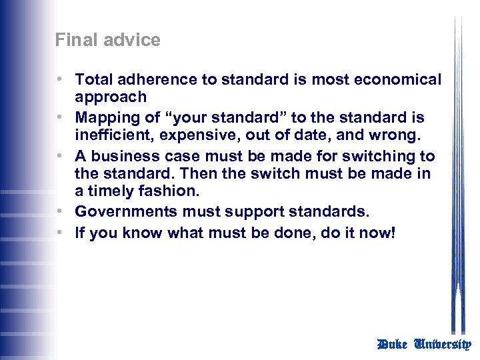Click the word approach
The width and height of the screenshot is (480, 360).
(111, 97)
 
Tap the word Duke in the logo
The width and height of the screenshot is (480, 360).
(393, 345)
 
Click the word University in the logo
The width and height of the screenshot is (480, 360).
(443, 345)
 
